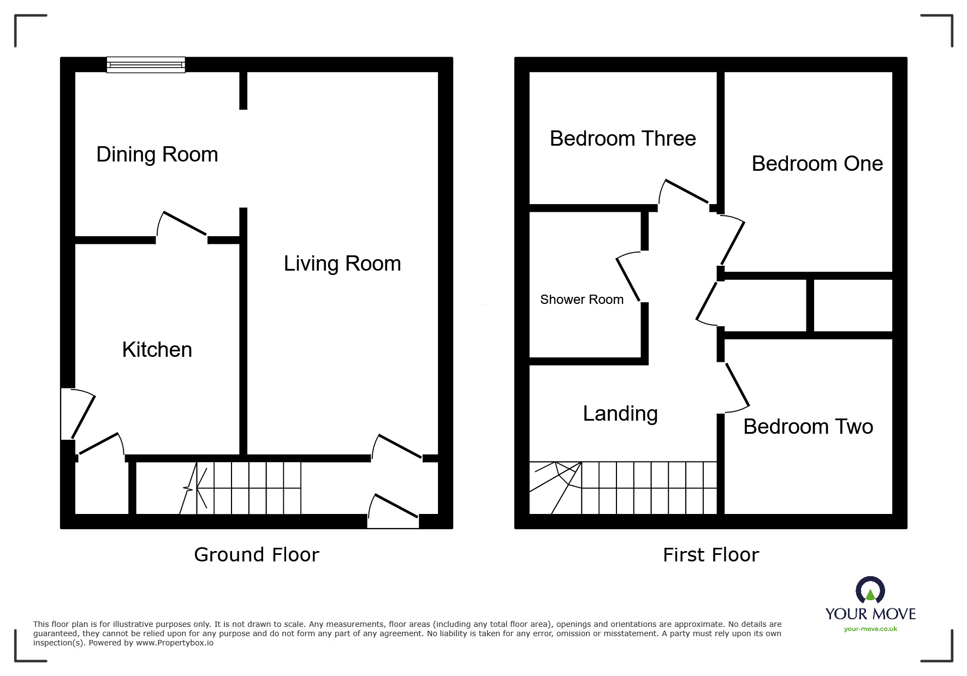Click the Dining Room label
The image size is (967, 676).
click(x=157, y=154)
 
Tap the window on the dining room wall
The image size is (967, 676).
click(x=146, y=65)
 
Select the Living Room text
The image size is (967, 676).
click(x=342, y=264)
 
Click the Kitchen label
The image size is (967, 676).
click(x=157, y=350)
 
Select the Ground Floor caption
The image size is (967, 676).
click(x=256, y=555)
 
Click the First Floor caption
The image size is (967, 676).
click(x=710, y=555)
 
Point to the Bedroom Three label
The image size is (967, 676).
click(x=622, y=139)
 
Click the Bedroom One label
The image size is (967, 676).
click(x=817, y=164)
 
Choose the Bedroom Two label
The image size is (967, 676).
click(x=808, y=427)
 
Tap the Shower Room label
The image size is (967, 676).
click(x=582, y=300)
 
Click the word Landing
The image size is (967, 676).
click(x=620, y=414)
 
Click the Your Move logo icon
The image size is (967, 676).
click(x=870, y=591)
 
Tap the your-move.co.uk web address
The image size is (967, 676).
click(x=870, y=629)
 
